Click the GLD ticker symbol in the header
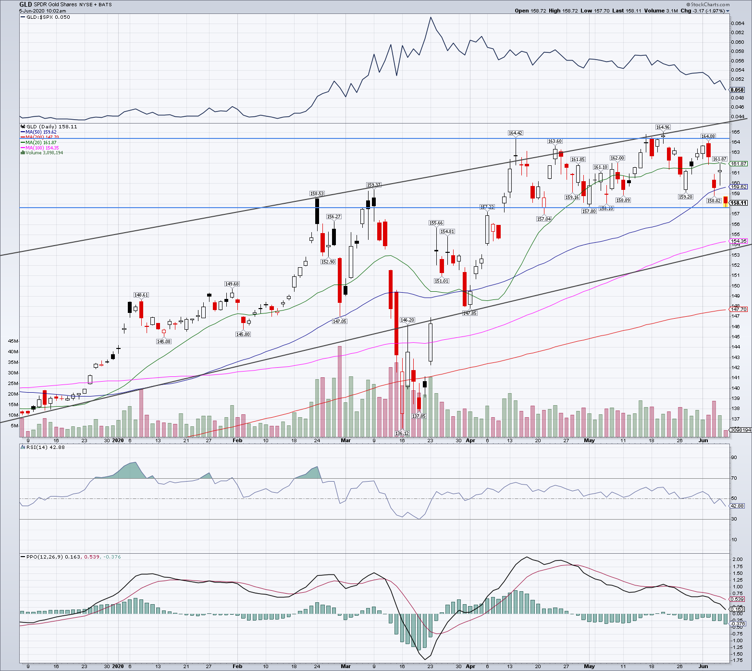25,4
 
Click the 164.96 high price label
663,127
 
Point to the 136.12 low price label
402,433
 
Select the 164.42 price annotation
515,133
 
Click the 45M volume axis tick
13,341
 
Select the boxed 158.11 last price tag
739,203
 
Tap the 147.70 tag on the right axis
739,309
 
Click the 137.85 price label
419,416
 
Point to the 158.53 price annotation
317,193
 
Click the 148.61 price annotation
141,295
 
